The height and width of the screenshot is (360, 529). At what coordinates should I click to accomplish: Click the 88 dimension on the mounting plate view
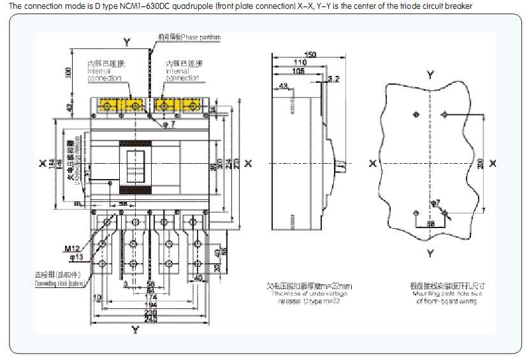pos(431,224)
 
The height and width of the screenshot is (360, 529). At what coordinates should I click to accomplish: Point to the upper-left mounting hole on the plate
pos(416,115)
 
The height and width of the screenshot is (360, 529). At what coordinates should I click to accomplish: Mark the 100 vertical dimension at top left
pos(69,73)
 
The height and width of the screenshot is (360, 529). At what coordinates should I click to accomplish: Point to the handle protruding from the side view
pos(342,167)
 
